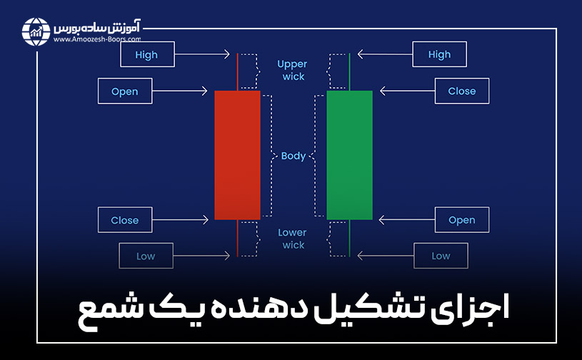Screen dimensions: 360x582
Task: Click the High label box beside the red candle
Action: point(146,54)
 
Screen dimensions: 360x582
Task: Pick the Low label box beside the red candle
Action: point(146,256)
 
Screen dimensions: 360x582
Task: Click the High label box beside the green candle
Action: point(439,54)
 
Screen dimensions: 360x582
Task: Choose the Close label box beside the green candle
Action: point(461,91)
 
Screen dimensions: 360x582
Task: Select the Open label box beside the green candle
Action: point(461,220)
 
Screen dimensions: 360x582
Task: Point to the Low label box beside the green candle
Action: point(441,256)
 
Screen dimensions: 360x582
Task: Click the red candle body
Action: point(237,154)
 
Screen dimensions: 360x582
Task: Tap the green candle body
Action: point(349,154)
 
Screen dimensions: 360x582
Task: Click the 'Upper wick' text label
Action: point(291,70)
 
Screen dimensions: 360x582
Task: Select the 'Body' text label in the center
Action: point(293,156)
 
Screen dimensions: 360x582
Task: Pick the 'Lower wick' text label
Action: point(292,239)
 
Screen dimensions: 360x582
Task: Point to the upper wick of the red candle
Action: point(237,71)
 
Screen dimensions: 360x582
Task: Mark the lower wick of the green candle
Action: point(349,237)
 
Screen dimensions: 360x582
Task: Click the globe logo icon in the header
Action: point(36,30)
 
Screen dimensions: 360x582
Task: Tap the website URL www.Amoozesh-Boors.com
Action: point(96,40)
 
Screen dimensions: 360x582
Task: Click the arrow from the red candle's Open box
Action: point(182,91)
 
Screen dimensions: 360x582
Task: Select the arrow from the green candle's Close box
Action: point(405,91)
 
